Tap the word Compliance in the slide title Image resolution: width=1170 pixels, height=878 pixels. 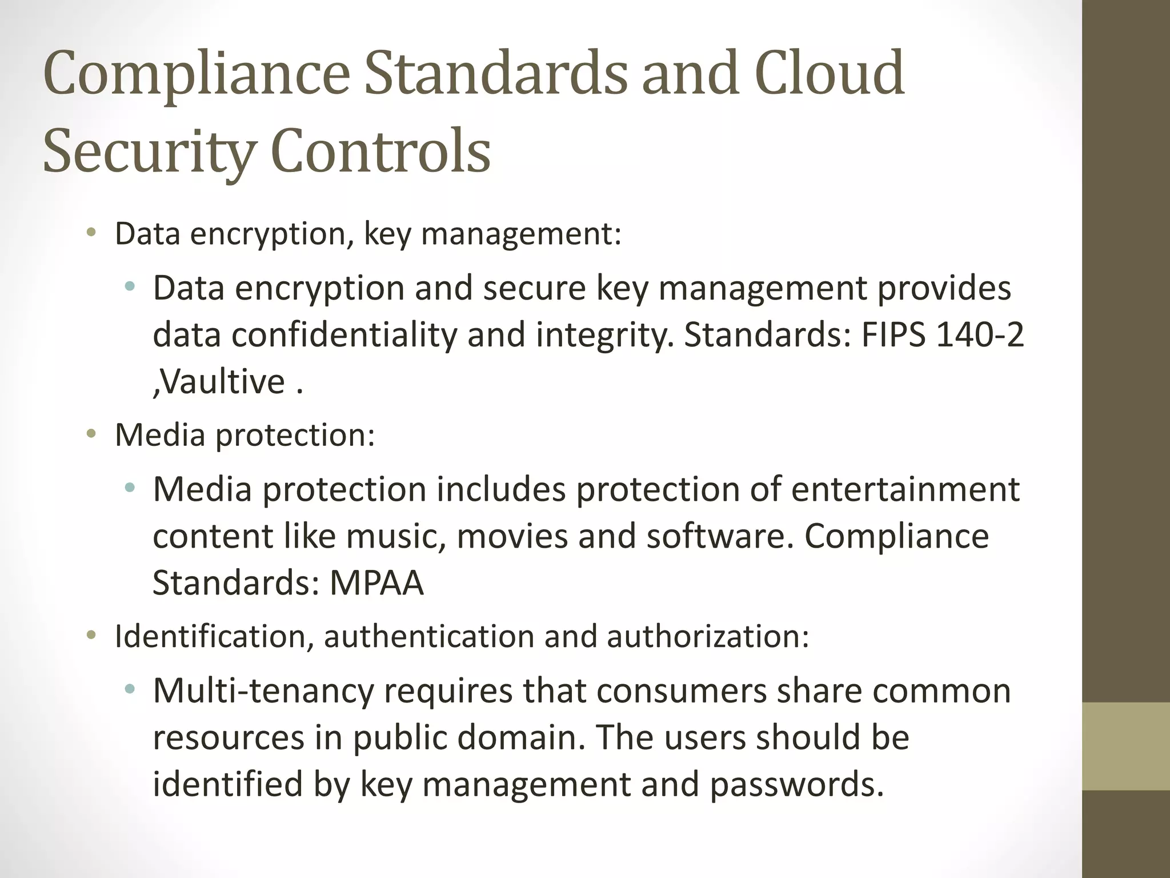coord(196,75)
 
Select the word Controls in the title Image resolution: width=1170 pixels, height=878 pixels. coord(380,151)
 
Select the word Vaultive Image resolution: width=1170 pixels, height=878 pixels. coord(222,381)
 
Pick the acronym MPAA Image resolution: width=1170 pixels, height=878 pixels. coord(376,582)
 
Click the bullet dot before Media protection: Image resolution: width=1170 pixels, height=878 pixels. coord(91,434)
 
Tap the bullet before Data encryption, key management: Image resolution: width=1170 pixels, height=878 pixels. coord(91,233)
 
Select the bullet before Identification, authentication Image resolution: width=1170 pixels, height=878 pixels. coord(91,636)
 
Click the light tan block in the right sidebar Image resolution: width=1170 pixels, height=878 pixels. coord(1126,746)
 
